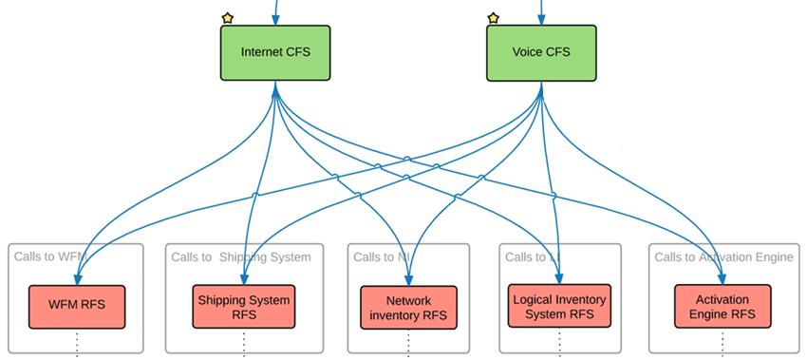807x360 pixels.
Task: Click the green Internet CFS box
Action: [x=275, y=52]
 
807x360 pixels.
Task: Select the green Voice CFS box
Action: [x=541, y=52]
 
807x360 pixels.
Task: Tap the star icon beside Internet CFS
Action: [x=227, y=18]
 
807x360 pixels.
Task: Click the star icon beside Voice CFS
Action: [x=493, y=18]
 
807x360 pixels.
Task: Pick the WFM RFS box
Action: [x=78, y=306]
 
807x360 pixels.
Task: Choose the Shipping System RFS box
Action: [x=244, y=307]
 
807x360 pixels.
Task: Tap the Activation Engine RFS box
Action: [x=722, y=307]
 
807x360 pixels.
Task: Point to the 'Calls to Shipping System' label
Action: [x=241, y=256]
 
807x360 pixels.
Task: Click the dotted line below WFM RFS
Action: [x=78, y=344]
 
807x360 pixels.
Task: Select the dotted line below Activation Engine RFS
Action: [x=722, y=344]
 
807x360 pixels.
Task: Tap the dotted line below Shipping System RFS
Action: [x=244, y=344]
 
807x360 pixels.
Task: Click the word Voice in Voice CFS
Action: [x=527, y=52]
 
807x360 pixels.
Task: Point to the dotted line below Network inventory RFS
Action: [x=408, y=344]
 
